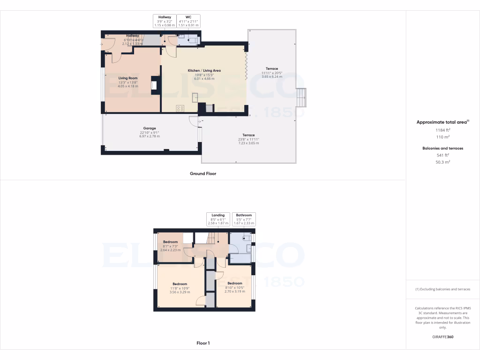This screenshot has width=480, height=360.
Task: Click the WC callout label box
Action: click(x=188, y=21)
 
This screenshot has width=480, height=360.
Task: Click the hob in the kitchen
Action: click(x=180, y=108)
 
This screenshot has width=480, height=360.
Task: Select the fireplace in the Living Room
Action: click(x=153, y=85)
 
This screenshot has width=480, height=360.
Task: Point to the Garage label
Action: click(x=150, y=128)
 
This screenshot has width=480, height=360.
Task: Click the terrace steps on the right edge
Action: click(x=300, y=97)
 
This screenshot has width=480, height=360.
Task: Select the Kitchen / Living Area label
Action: click(x=204, y=70)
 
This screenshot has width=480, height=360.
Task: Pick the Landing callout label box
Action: click(x=218, y=219)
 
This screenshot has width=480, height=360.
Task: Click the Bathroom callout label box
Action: click(x=244, y=219)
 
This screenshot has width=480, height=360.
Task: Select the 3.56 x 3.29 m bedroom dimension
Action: click(x=180, y=292)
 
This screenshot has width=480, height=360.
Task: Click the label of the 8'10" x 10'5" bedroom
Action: click(x=235, y=284)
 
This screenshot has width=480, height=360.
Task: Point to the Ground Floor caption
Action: click(x=203, y=173)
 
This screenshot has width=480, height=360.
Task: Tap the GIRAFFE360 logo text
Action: click(x=442, y=337)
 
